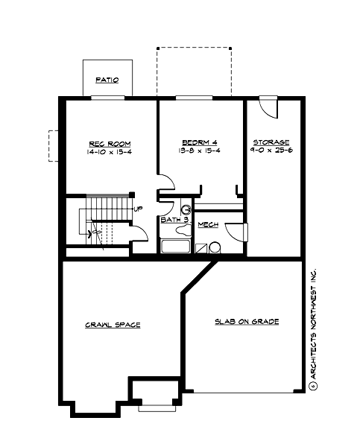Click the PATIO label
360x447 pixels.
pyautogui.click(x=107, y=79)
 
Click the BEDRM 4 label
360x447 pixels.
pyautogui.click(x=199, y=142)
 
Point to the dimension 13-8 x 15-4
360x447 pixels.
pyautogui.click(x=199, y=151)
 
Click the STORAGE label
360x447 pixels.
pyautogui.click(x=271, y=142)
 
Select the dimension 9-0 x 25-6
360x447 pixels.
pyautogui.click(x=271, y=150)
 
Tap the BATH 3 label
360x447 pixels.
pyautogui.click(x=175, y=221)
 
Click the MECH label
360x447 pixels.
pyautogui.click(x=208, y=223)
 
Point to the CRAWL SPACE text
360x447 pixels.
pyautogui.click(x=113, y=325)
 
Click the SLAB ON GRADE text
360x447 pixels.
pyautogui.click(x=247, y=322)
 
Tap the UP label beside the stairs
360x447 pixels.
pyautogui.click(x=138, y=209)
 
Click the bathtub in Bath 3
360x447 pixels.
pyautogui.click(x=176, y=247)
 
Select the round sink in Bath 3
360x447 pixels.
pyautogui.click(x=186, y=211)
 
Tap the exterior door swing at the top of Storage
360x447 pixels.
pyautogui.click(x=268, y=109)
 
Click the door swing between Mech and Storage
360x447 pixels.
pyautogui.click(x=236, y=231)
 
